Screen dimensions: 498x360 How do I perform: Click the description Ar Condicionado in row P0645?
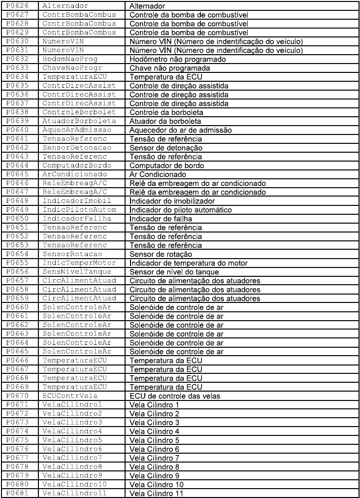coord(158,174)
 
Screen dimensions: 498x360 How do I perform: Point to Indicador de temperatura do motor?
coord(195,263)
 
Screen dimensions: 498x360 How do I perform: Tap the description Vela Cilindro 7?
coord(154,458)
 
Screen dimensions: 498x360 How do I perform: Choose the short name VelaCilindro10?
coord(75,485)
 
